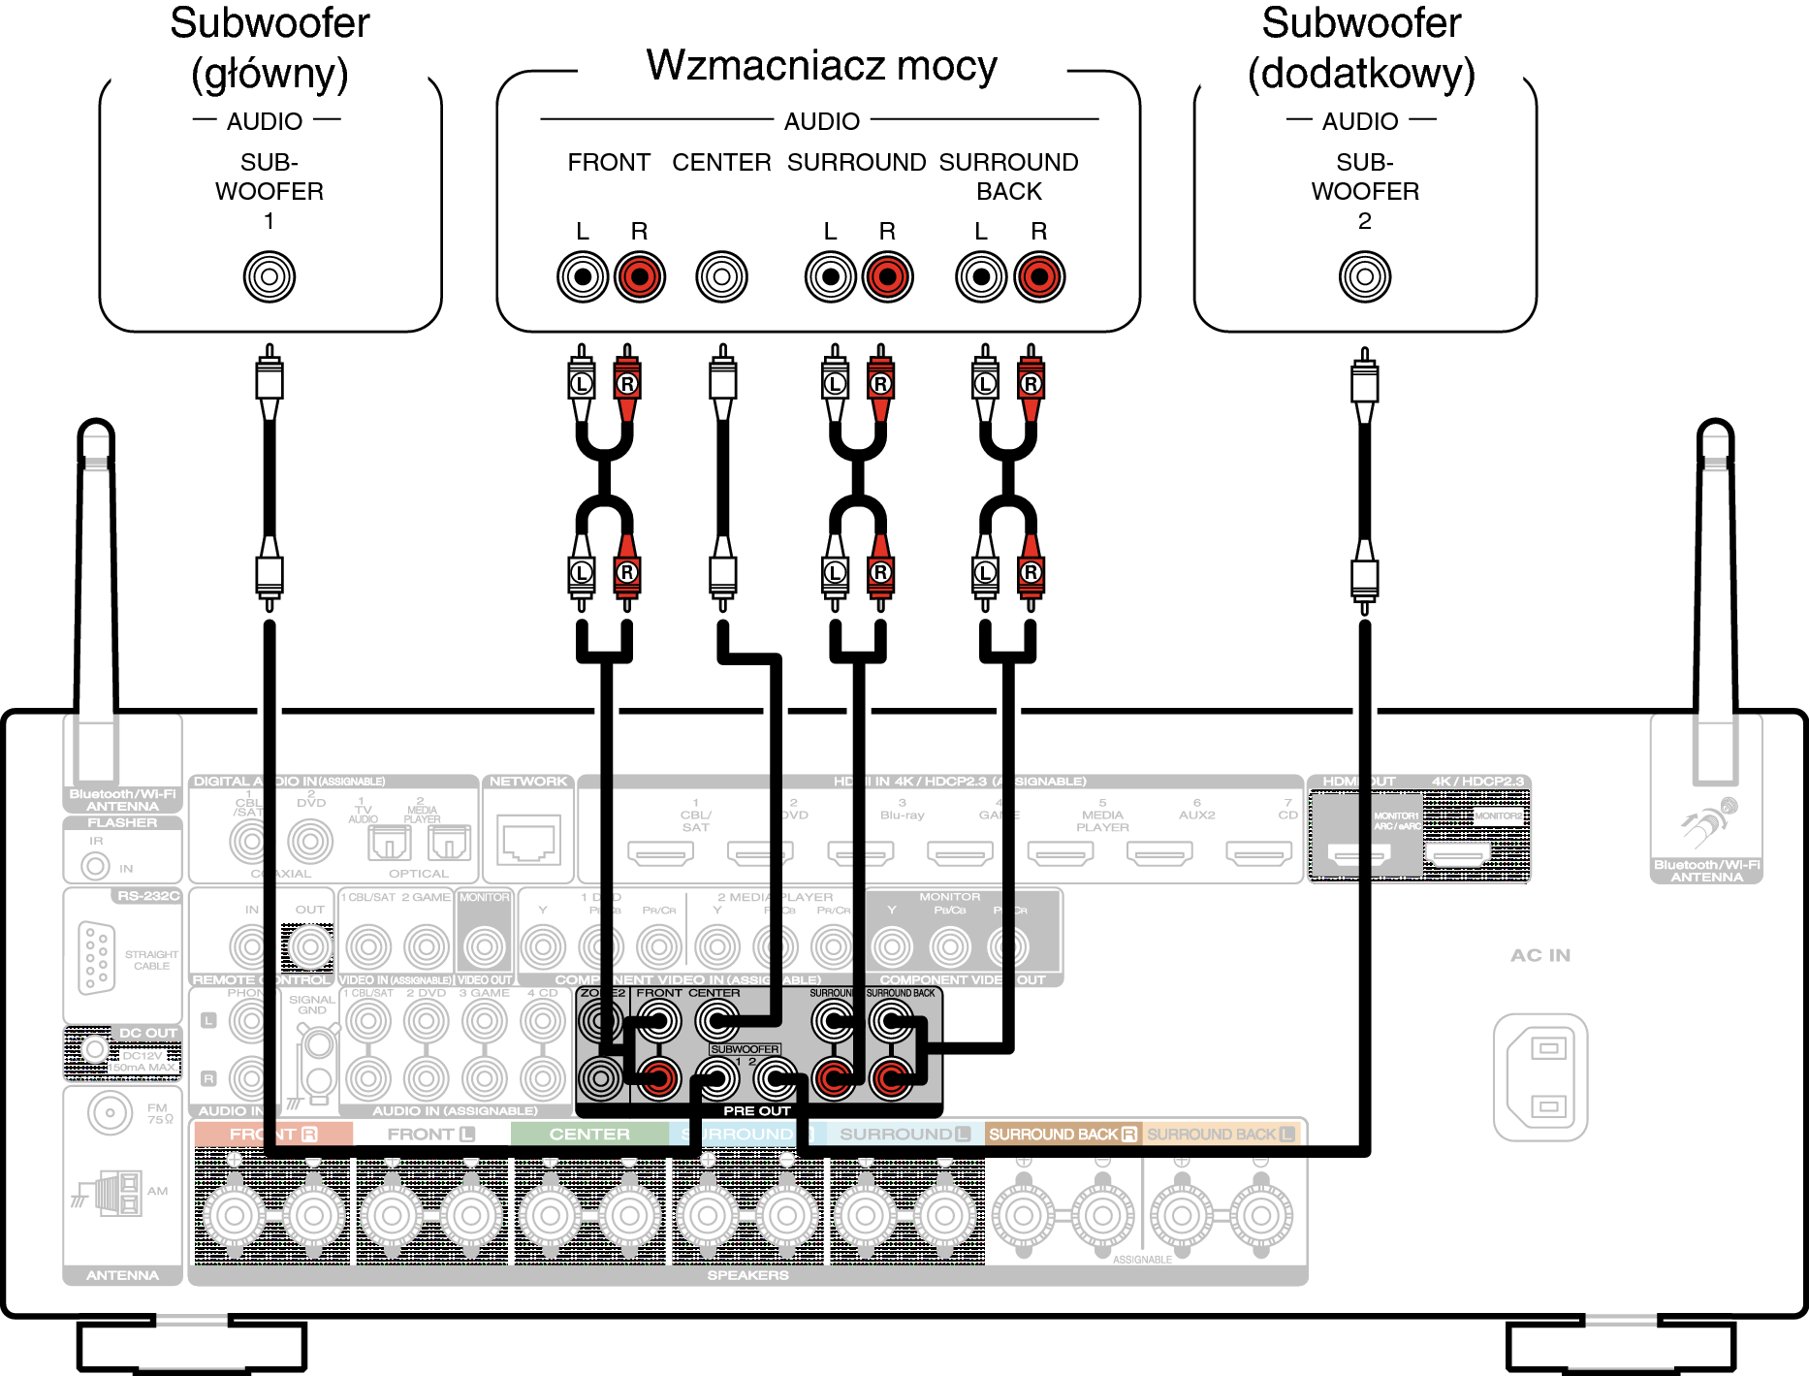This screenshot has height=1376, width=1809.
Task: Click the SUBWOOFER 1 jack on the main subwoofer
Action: tap(270, 276)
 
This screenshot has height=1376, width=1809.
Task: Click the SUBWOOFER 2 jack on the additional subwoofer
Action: tap(1364, 276)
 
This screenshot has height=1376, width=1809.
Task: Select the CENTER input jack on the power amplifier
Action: tap(721, 276)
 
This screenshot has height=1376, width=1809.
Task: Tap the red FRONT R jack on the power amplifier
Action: tap(639, 276)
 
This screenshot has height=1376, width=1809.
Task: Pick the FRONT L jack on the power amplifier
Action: tap(583, 276)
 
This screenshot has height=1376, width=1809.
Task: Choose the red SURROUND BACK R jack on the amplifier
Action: tap(1039, 276)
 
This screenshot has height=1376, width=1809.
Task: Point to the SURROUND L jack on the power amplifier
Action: tap(830, 276)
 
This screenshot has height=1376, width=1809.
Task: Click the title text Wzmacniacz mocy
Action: tap(821, 66)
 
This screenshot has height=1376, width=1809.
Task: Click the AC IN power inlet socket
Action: tap(1540, 1076)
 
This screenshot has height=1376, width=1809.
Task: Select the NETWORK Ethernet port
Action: tap(528, 840)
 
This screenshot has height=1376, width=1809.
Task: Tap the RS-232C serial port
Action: tap(97, 957)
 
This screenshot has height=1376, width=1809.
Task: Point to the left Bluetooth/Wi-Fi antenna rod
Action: tap(96, 582)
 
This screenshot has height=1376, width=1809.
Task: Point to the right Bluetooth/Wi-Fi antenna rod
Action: tap(1715, 582)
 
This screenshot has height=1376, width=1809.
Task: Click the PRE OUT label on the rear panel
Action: tap(757, 1110)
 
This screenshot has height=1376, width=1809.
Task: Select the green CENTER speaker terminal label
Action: tap(589, 1134)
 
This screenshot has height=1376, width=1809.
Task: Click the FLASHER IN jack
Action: tap(95, 865)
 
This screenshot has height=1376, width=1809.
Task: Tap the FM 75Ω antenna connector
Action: tap(110, 1113)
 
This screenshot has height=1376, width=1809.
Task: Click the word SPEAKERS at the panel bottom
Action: tap(747, 1275)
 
